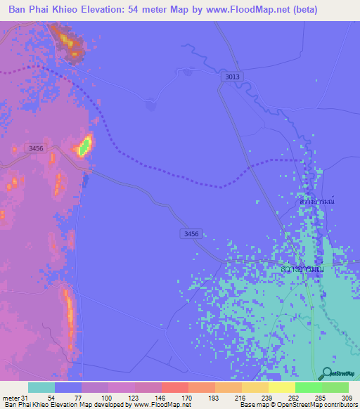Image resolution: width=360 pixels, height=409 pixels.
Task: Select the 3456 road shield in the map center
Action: tap(188, 233)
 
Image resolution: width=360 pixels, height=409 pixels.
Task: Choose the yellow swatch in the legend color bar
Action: tap(282, 387)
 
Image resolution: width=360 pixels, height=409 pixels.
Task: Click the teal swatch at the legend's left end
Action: tap(41, 387)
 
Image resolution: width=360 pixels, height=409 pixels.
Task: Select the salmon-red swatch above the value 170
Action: tap(174, 387)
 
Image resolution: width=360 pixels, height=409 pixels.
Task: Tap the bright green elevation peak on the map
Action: tap(84, 146)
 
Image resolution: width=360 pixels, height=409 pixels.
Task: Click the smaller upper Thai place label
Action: tap(315, 202)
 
